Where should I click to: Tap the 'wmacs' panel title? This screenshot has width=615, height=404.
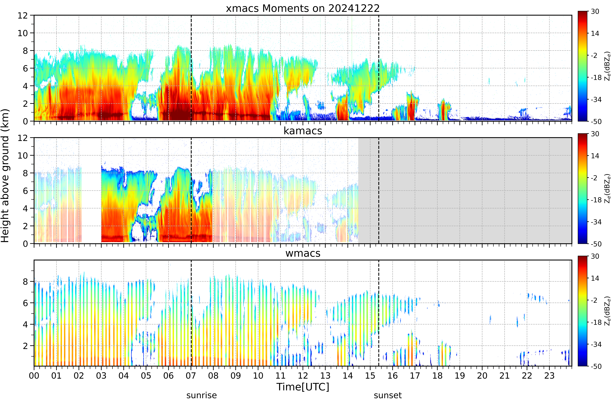pos(303,253)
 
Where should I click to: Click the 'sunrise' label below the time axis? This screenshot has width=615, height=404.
pos(202,395)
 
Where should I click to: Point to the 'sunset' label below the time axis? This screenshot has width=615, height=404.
pos(388,395)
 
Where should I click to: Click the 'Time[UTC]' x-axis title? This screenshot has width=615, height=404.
pos(303,387)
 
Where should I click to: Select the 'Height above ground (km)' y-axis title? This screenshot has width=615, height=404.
pos(5,175)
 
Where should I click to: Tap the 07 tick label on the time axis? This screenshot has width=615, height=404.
pos(191,376)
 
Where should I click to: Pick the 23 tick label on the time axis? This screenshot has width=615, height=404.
pos(549,376)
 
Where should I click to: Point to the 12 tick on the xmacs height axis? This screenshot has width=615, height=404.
pos(23,16)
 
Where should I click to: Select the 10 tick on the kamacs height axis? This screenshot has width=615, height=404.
pos(23,155)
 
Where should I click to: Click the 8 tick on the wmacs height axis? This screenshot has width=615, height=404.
pos(25,281)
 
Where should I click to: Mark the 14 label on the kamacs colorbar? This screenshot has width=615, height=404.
pos(595,156)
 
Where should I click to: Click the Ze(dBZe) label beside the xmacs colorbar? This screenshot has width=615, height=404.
pos(608,66)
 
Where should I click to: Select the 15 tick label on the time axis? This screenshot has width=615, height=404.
pos(370,376)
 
